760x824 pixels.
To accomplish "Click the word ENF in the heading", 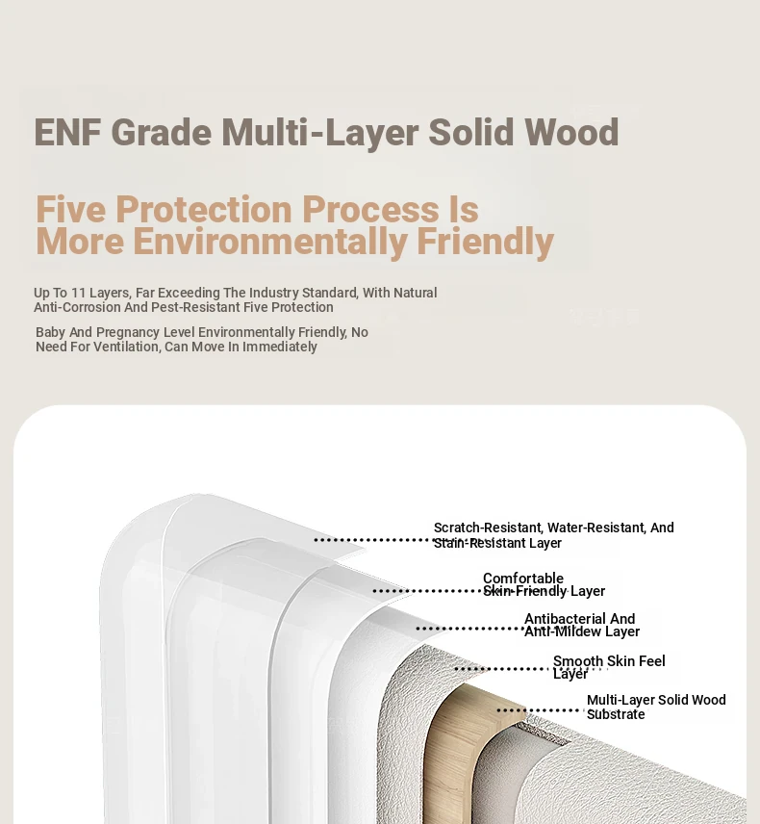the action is pyautogui.click(x=67, y=132).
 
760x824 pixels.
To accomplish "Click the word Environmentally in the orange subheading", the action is pyautogui.click(x=270, y=242).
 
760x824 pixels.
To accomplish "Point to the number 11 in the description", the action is pyautogui.click(x=78, y=293).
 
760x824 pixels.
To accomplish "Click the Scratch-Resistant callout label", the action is pyautogui.click(x=553, y=535).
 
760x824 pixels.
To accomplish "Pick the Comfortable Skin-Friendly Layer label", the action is pyautogui.click(x=544, y=584).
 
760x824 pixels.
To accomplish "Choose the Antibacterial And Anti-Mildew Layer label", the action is pyautogui.click(x=582, y=625).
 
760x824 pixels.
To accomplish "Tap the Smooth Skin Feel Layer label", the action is pyautogui.click(x=609, y=667).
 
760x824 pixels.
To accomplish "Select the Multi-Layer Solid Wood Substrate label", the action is pyautogui.click(x=656, y=707).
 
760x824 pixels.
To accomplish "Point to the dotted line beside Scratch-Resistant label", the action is pyautogui.click(x=373, y=540).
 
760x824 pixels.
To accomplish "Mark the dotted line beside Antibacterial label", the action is pyautogui.click(x=469, y=629).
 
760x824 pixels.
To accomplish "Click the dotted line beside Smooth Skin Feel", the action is pyautogui.click(x=502, y=669).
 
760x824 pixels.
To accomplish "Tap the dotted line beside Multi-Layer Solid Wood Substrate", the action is pyautogui.click(x=541, y=710).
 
